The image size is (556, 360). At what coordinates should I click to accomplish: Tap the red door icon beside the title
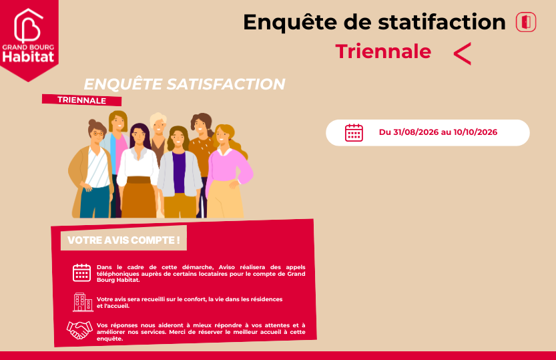click(526, 22)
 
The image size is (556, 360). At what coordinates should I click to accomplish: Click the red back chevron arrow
click(463, 53)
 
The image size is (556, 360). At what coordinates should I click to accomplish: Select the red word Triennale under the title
click(383, 51)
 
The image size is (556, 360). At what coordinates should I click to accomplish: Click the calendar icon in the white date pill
click(354, 133)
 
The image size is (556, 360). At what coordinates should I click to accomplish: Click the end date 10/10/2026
click(475, 132)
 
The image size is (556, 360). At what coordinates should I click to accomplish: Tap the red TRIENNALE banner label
click(81, 100)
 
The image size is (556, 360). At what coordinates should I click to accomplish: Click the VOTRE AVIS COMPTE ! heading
click(123, 240)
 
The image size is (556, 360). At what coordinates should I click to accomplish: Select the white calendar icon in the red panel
click(81, 273)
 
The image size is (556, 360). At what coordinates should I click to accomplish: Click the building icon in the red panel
click(83, 302)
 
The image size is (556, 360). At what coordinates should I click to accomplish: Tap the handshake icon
click(79, 330)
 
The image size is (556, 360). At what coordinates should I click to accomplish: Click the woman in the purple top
click(180, 172)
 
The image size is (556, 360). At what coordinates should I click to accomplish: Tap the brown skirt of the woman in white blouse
click(139, 197)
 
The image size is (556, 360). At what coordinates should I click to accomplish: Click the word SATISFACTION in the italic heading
click(226, 84)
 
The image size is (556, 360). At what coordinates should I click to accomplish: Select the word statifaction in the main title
click(442, 22)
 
